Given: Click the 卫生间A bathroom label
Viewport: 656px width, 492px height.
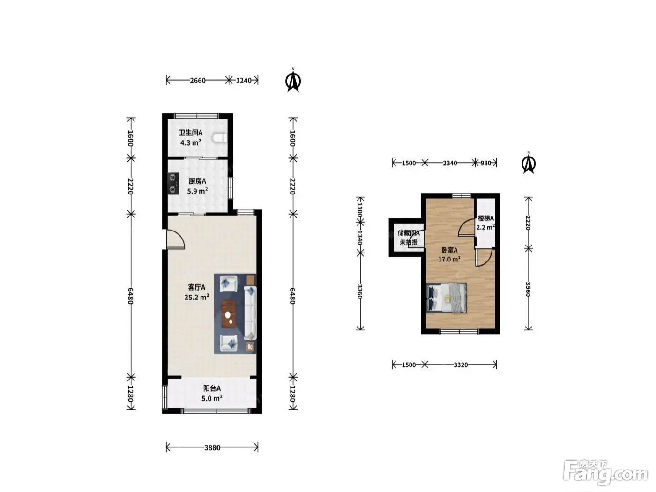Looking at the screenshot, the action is tap(191, 133).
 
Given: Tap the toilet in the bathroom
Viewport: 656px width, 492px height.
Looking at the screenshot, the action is tap(219, 138).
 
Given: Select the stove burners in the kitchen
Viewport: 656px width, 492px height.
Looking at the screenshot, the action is tap(173, 184).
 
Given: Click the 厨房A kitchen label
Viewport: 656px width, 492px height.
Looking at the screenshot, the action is tap(197, 181).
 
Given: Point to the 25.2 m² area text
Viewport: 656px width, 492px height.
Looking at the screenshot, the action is tap(197, 297).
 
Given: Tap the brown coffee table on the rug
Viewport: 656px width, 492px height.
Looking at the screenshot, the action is tap(229, 314).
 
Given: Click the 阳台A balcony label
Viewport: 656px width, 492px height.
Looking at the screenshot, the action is tap(212, 388).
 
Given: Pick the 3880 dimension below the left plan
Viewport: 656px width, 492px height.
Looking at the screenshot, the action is tap(212, 447).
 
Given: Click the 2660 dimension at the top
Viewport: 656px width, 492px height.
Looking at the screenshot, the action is tap(198, 80).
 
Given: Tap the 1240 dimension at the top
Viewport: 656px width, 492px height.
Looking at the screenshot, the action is tap(244, 80).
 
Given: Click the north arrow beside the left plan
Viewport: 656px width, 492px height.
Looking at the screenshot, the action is tap(293, 80).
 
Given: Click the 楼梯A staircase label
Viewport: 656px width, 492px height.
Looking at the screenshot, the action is tap(485, 218).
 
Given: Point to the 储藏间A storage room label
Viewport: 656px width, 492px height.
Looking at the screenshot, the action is tap(409, 233).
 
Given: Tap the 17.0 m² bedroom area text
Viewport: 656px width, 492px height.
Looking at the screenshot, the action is tap(449, 259).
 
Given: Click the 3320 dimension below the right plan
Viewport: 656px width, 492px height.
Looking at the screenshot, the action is tap(461, 365).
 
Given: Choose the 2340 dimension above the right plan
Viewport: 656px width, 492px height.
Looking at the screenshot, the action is tap(450, 163).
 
